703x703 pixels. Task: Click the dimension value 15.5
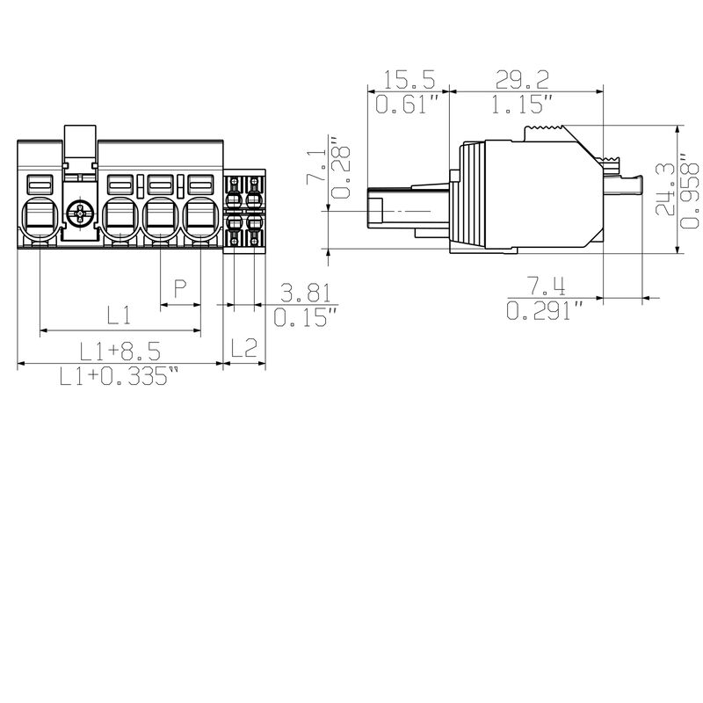pos(409,81)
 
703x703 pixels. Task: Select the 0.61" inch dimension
pos(408,106)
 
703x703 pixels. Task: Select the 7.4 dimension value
pos(546,286)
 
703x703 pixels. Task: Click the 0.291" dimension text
pos(546,311)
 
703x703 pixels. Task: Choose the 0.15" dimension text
pos(304,316)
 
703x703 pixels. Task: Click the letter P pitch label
pos(180,288)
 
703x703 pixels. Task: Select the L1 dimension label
pos(120,315)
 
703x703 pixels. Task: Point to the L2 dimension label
pos(243,348)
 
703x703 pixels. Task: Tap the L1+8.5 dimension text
pos(120,351)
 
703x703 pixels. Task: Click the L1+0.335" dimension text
pos(120,378)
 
